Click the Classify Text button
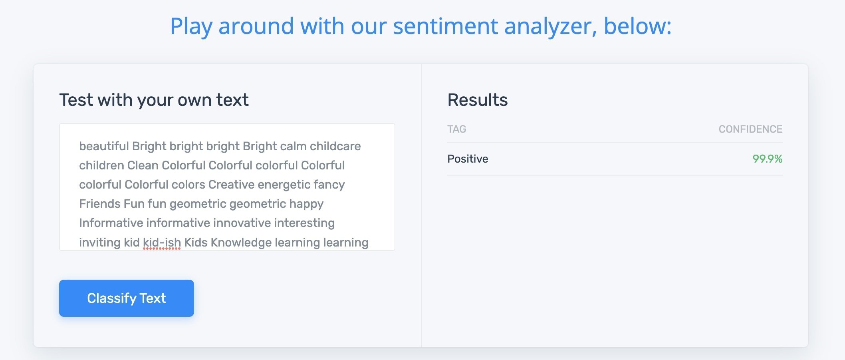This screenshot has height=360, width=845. point(127,298)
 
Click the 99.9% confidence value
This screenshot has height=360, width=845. point(767,159)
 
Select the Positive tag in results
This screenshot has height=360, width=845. point(468,159)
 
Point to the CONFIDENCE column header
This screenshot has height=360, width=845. point(750,129)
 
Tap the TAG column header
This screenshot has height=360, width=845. point(457,129)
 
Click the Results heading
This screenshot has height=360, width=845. point(478,100)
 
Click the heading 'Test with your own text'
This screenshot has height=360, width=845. point(154,100)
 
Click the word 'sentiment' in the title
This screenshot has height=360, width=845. point(445,26)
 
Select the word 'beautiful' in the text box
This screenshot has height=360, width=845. point(104,146)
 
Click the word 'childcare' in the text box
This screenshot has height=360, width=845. point(335,146)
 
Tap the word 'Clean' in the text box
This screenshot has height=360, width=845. point(143,165)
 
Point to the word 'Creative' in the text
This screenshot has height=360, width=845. point(231,185)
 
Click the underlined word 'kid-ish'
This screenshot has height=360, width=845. point(162,243)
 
